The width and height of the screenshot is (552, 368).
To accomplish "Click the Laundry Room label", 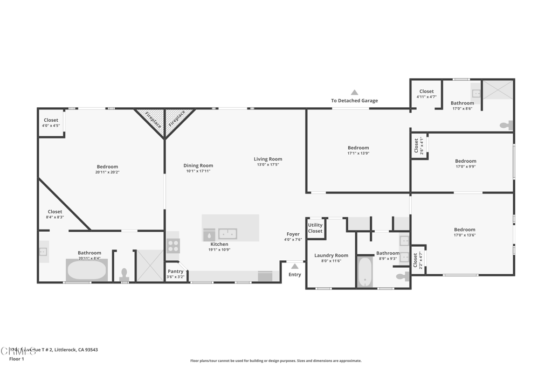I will point(331,255).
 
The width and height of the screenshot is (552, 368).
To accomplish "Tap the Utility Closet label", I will point(315,228).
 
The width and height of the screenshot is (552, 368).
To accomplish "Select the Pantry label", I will point(175,271).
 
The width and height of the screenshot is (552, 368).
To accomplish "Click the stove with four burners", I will point(173,246).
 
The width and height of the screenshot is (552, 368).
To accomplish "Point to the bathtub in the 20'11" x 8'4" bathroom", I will point(86,269).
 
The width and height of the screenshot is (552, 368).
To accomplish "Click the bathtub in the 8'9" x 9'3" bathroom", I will point(365,272).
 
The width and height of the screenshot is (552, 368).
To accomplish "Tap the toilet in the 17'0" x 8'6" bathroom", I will point(506,125).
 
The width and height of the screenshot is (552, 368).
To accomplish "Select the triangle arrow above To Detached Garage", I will point(354,93).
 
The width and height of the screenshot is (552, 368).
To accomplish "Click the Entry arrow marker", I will point(294,266).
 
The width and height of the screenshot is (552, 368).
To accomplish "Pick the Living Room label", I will point(268,159).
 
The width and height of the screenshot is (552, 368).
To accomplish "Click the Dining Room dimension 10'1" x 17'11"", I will point(198,171).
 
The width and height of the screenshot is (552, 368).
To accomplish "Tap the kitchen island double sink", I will point(227,234).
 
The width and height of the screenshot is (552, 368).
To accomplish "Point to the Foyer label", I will point(293,234).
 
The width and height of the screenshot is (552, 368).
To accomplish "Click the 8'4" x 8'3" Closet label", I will point(54,217).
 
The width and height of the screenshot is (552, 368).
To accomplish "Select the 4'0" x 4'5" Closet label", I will point(51,126).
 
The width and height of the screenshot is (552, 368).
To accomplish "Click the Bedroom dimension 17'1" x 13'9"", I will point(358,153).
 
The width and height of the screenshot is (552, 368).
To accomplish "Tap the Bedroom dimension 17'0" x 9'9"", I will point(465,166).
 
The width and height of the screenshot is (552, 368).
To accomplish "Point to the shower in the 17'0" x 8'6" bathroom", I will point(498,89).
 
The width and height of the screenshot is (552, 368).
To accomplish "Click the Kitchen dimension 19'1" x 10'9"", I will point(219,249).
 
